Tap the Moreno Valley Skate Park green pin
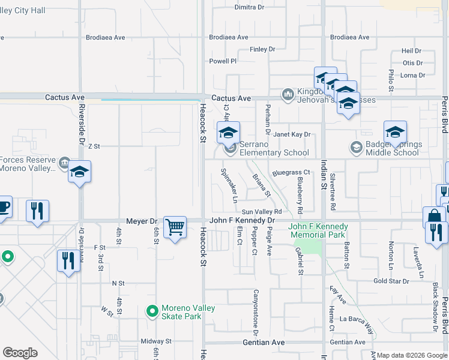click(152, 312)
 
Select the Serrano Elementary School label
click(274, 149)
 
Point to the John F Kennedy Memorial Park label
click(319, 230)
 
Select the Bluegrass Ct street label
click(291, 173)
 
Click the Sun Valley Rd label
click(262, 212)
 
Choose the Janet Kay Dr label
click(292, 134)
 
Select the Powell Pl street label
click(223, 61)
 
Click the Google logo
click(20, 353)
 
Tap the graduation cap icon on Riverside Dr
click(79, 173)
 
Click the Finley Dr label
click(262, 49)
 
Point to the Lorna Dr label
click(412, 75)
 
